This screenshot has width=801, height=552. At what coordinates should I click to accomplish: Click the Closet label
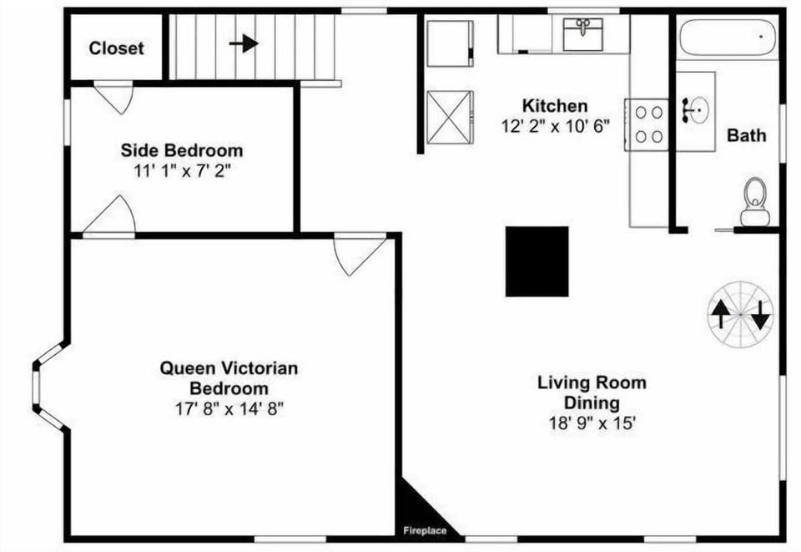(116, 48)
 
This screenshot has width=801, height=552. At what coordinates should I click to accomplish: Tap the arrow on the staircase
(244, 43)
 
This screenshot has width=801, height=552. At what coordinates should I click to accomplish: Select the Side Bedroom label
(182, 151)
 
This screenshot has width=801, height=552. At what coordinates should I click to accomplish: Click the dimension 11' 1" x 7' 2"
(182, 171)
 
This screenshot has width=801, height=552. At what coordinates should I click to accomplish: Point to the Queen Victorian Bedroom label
(229, 377)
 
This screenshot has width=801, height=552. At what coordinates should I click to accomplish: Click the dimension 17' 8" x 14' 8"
(229, 408)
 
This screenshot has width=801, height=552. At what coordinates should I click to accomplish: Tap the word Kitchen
(555, 106)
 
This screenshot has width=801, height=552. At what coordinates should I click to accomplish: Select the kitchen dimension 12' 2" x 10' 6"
(555, 126)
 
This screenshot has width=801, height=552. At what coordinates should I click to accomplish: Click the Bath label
(746, 135)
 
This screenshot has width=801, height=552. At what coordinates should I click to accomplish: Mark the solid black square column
(537, 261)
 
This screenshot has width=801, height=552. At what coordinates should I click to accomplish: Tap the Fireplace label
(425, 530)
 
